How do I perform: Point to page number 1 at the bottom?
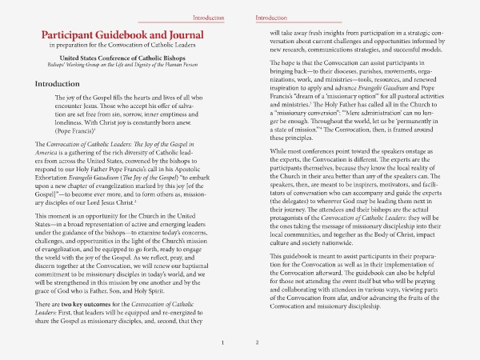click(x=222, y=343)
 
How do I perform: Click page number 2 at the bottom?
click(x=258, y=343)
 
